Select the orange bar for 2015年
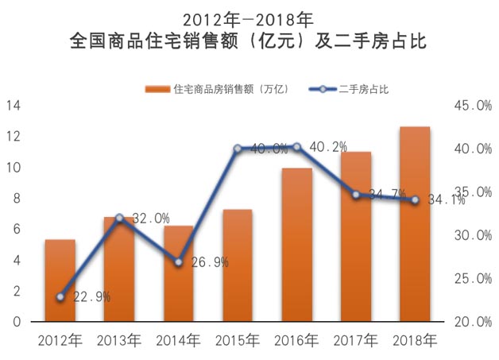coord(238,266)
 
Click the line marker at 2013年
coord(119,218)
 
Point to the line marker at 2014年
coord(179,262)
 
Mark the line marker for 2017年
coord(356,195)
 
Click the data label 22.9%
coord(91,297)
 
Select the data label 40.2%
coord(328,147)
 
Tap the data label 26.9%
coord(209,262)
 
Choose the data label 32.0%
coord(150,218)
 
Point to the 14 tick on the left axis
coord(15,106)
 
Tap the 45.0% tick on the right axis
coord(473,106)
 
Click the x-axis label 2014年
coord(179,342)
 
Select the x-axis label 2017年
coord(356,342)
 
